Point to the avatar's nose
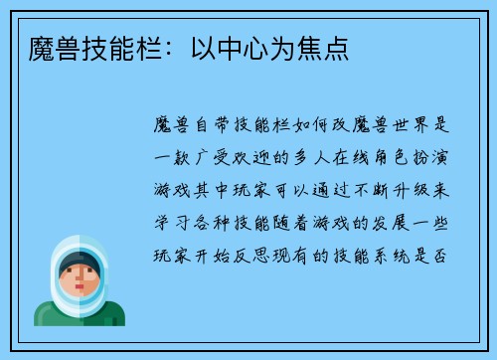tap(80, 281)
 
